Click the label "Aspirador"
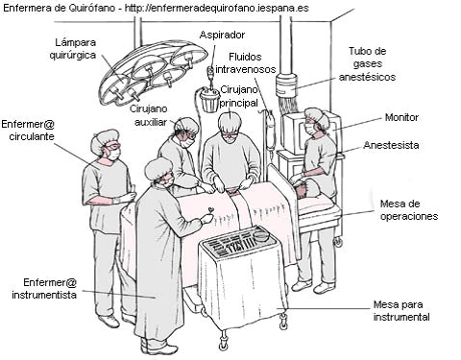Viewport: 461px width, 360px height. (222, 36)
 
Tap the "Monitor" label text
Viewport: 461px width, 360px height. (401, 117)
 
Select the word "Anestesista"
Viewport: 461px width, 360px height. (391, 145)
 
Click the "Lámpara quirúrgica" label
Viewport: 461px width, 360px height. (73, 49)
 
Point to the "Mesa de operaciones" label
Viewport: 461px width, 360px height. (409, 210)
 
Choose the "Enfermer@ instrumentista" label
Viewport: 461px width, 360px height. (44, 288)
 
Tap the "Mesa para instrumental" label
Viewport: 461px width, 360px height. (401, 311)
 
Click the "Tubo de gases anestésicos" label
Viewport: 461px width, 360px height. (367, 64)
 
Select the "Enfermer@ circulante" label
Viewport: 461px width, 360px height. (28, 130)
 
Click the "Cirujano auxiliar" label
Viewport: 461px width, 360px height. (149, 115)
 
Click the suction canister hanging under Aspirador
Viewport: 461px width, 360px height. (209, 100)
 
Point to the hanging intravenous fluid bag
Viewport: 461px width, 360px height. (270, 128)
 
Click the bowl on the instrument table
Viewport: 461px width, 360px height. (261, 237)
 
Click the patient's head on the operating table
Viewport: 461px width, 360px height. (306, 189)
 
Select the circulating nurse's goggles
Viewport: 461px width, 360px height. (113, 147)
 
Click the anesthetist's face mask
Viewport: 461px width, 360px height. (309, 130)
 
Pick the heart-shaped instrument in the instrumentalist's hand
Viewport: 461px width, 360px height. (210, 209)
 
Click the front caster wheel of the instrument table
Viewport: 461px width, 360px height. (222, 345)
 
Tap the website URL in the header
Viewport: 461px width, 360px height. (217, 8)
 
